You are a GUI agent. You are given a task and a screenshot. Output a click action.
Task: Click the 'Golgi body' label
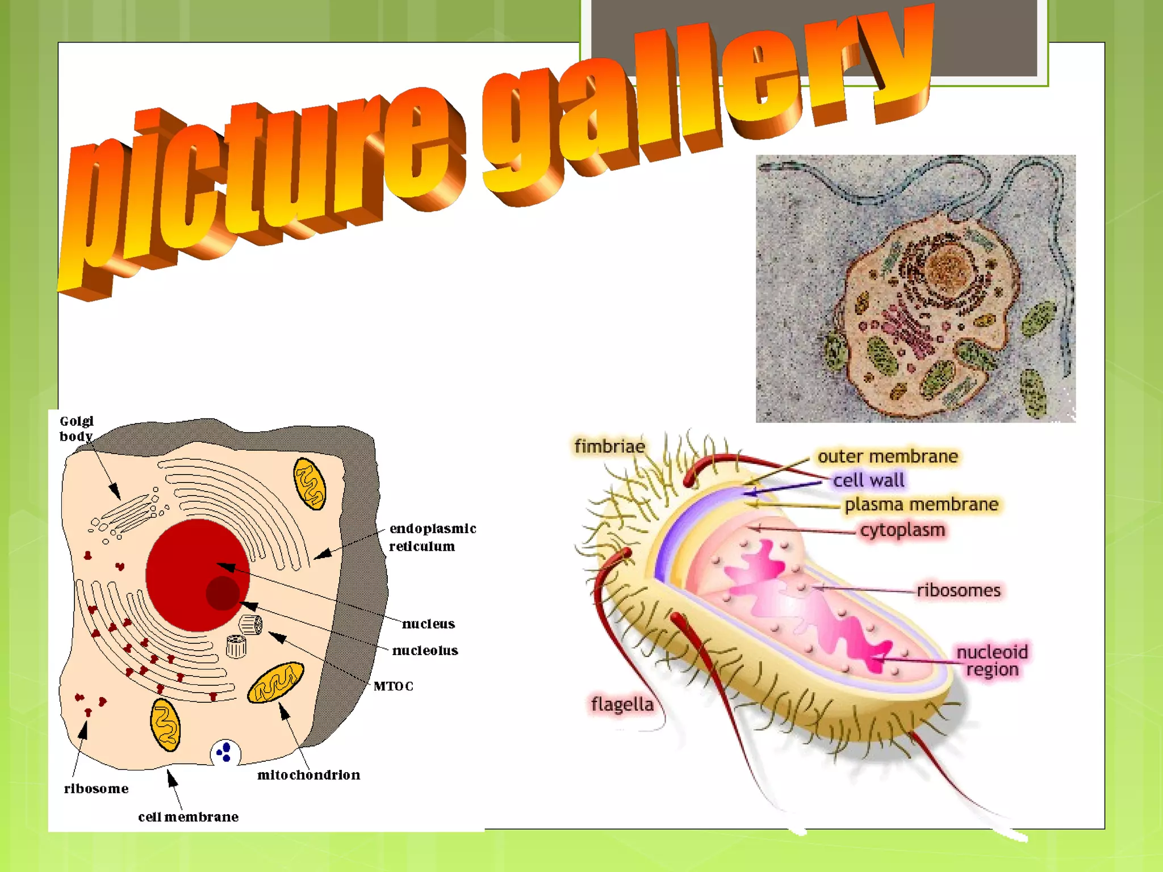pos(77,429)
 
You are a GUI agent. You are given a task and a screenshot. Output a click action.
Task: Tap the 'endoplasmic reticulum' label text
pos(432,537)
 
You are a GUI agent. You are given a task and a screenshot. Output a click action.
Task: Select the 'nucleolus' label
pos(425,651)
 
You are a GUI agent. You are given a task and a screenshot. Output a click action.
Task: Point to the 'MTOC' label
pos(393,686)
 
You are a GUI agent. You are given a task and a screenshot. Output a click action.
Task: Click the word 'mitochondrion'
pos(308,775)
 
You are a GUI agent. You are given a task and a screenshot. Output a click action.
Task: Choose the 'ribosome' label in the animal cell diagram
pos(96,789)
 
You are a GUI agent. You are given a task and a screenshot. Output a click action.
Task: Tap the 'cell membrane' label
pos(188,817)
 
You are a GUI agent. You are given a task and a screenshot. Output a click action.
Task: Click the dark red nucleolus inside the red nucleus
pos(223,593)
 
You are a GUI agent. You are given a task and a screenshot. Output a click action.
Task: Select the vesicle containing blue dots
pos(225,753)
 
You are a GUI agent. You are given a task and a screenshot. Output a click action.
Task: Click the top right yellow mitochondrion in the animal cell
pos(309,484)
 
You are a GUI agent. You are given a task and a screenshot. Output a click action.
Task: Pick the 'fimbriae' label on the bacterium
pos(609,446)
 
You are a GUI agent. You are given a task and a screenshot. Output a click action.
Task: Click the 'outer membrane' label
pos(887,456)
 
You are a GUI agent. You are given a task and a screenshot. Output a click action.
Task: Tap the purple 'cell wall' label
pos(868,480)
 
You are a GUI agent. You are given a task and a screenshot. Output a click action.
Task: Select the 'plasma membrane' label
pos(921,504)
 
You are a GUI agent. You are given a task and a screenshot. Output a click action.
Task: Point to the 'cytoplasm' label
pos(902,530)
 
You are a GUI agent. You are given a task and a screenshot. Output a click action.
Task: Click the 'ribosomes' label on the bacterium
pos(959,590)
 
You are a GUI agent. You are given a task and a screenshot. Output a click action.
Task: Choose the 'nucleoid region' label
pos(992,661)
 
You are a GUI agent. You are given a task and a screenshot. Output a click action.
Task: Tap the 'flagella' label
pos(622,705)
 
